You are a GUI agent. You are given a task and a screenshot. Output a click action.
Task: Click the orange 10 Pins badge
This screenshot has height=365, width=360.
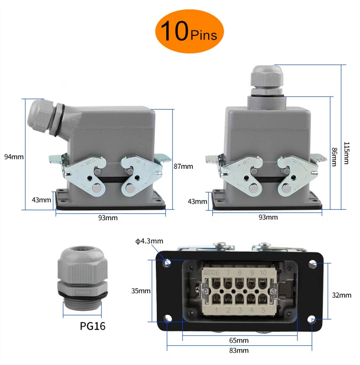point(189,30)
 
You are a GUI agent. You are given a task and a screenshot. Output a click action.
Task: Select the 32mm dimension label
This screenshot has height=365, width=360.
point(341,295)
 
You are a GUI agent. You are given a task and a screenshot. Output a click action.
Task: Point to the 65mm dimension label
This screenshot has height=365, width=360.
point(238,340)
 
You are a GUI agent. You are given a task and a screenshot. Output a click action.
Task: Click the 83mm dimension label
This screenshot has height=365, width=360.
point(238,350)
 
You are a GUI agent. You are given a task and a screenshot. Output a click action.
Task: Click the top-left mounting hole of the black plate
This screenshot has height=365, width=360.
point(168,263)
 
